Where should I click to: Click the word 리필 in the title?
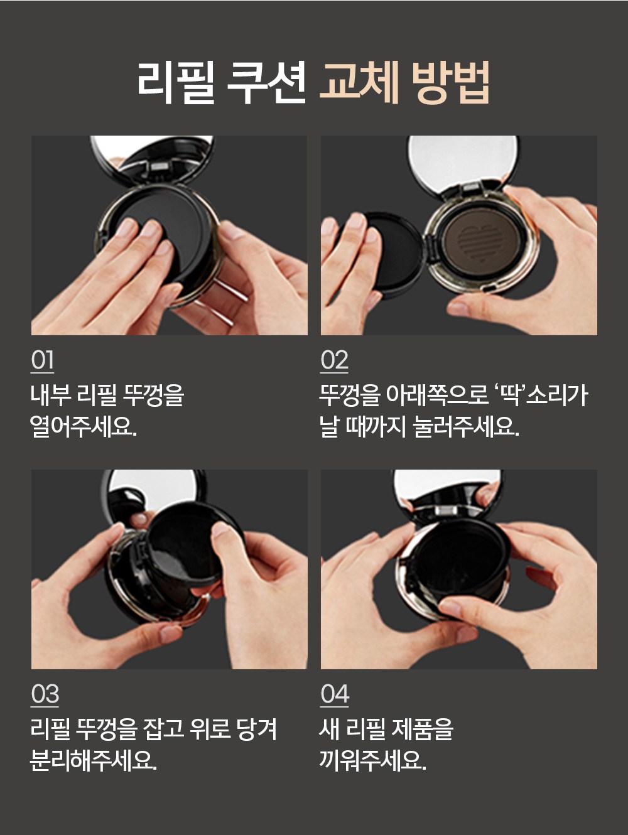[175, 83]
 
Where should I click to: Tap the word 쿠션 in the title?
[266, 83]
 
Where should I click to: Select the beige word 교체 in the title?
[359, 83]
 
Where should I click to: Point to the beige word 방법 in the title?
[451, 83]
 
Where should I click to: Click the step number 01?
[42, 360]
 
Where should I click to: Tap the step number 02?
[334, 360]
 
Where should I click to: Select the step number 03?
[45, 694]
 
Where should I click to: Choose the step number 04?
[334, 694]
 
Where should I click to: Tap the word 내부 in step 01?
[50, 396]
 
